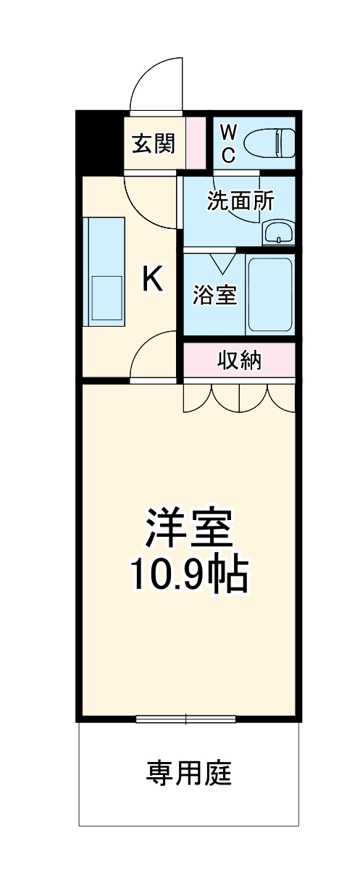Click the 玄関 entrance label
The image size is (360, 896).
click(154, 143)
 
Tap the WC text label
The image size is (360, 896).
click(227, 143)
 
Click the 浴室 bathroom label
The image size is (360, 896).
click(215, 295)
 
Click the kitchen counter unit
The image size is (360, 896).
click(105, 270)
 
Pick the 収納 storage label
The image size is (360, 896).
click(239, 360)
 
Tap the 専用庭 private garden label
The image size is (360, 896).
click(189, 774)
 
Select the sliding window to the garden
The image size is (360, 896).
click(185, 719)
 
